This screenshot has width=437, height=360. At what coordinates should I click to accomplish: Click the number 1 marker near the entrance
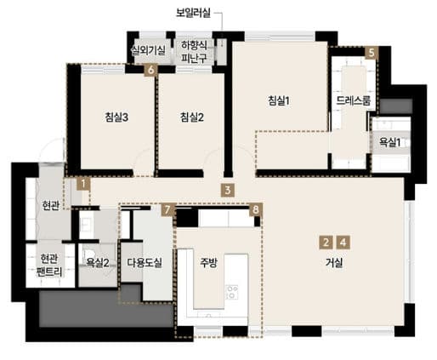83,184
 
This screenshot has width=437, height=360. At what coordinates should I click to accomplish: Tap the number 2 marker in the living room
326,243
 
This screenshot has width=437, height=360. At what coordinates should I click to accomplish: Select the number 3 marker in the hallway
228,191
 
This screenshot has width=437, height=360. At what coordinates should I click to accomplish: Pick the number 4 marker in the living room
343,243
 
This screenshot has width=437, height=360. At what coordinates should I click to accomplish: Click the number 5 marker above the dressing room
372,53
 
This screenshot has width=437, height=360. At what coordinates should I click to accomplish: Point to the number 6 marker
150,70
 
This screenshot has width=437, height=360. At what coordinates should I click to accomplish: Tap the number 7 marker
167,210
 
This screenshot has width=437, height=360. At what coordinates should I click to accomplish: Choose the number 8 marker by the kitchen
256,210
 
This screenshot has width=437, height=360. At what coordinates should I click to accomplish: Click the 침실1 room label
279,100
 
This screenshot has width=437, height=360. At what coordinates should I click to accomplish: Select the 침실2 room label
192,117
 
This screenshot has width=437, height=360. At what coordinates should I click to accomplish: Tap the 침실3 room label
116,117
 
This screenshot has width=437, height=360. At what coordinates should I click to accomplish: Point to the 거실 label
334,263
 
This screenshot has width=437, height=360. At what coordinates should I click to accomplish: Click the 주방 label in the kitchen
208,263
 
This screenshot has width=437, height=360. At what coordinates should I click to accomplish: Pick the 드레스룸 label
354,100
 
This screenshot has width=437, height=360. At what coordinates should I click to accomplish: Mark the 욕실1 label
390,142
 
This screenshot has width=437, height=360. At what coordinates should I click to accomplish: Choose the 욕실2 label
98,263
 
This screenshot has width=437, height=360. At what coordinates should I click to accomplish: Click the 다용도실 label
145,263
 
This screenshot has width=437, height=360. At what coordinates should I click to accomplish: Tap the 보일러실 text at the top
193,13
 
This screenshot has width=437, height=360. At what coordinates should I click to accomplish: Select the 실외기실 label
148,50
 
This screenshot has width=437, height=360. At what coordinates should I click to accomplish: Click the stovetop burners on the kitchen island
232,292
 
